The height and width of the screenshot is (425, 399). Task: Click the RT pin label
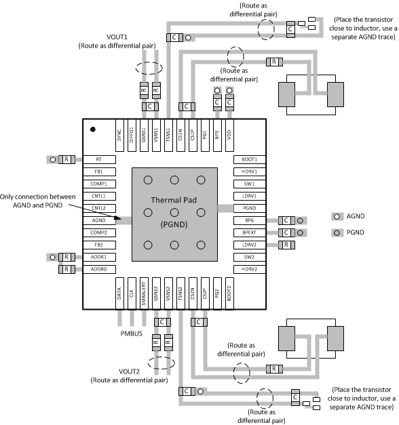point(98,159)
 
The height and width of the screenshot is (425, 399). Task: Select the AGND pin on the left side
point(98,220)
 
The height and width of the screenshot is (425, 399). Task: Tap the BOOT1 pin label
point(249,159)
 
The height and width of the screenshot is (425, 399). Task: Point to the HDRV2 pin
point(249,269)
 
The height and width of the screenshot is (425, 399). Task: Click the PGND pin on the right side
point(249,208)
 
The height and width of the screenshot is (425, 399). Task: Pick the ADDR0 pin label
point(98,269)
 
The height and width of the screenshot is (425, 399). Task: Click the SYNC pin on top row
point(119,132)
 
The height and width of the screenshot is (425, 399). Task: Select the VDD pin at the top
point(229,132)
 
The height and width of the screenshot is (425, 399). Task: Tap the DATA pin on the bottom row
point(119,293)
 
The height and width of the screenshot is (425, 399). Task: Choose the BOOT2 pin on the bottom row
point(229,293)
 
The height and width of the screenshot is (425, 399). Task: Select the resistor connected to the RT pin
point(67,159)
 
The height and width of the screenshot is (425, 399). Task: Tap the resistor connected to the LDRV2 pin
point(288,245)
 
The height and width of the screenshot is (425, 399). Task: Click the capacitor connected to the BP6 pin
point(288,220)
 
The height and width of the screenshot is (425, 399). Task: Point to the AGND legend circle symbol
point(336,216)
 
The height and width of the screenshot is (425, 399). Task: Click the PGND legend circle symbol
point(336,233)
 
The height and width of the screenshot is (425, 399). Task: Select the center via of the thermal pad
point(174,214)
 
